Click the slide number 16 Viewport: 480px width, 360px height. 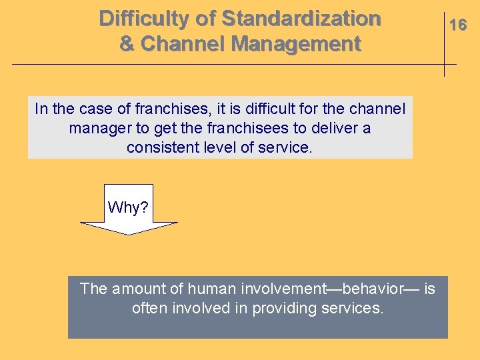pos(457,25)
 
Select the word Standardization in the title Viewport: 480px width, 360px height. pos(301,18)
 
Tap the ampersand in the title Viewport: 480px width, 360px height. pos(127,45)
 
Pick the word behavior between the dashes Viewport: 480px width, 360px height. pos(372,289)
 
